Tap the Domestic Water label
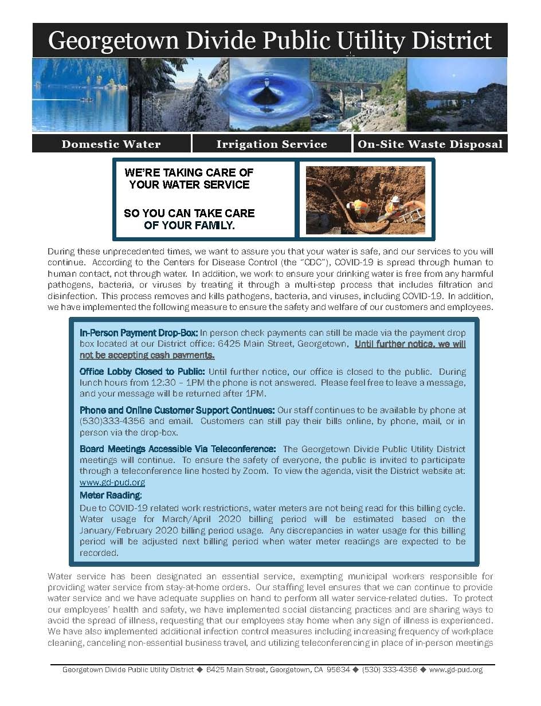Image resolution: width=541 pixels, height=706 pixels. (x=111, y=144)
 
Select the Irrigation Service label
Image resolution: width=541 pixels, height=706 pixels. (x=272, y=144)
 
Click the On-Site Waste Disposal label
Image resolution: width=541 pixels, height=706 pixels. (x=430, y=144)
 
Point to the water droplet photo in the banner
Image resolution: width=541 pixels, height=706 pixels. (x=270, y=95)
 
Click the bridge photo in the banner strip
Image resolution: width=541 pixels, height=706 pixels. (x=358, y=95)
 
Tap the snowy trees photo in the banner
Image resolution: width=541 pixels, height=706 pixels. (x=178, y=95)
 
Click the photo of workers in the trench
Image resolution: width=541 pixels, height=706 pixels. (x=365, y=200)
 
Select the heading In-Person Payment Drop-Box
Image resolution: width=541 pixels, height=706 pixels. (x=139, y=333)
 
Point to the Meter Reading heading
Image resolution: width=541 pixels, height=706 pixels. (x=111, y=495)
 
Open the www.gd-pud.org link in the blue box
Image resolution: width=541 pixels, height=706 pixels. (x=112, y=483)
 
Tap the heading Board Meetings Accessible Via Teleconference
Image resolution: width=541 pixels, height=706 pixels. (x=178, y=449)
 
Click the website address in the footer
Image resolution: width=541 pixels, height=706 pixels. (x=456, y=669)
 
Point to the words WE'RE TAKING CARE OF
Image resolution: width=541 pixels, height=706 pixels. (x=189, y=172)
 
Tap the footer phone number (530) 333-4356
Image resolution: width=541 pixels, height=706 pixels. (x=389, y=669)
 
